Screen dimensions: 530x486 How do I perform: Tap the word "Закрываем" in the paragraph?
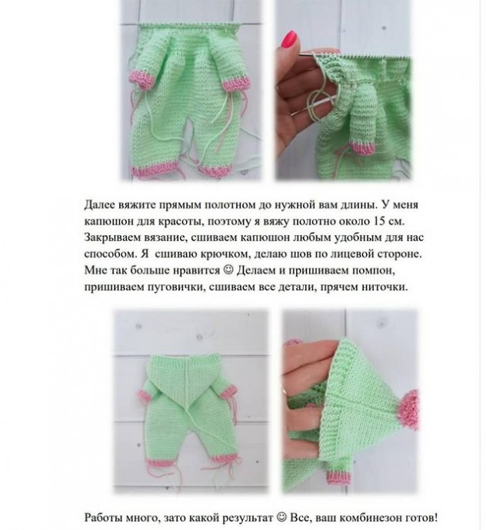pyautogui.click(x=115, y=238)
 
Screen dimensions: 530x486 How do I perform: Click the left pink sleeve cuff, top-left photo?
pyautogui.click(x=146, y=74)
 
